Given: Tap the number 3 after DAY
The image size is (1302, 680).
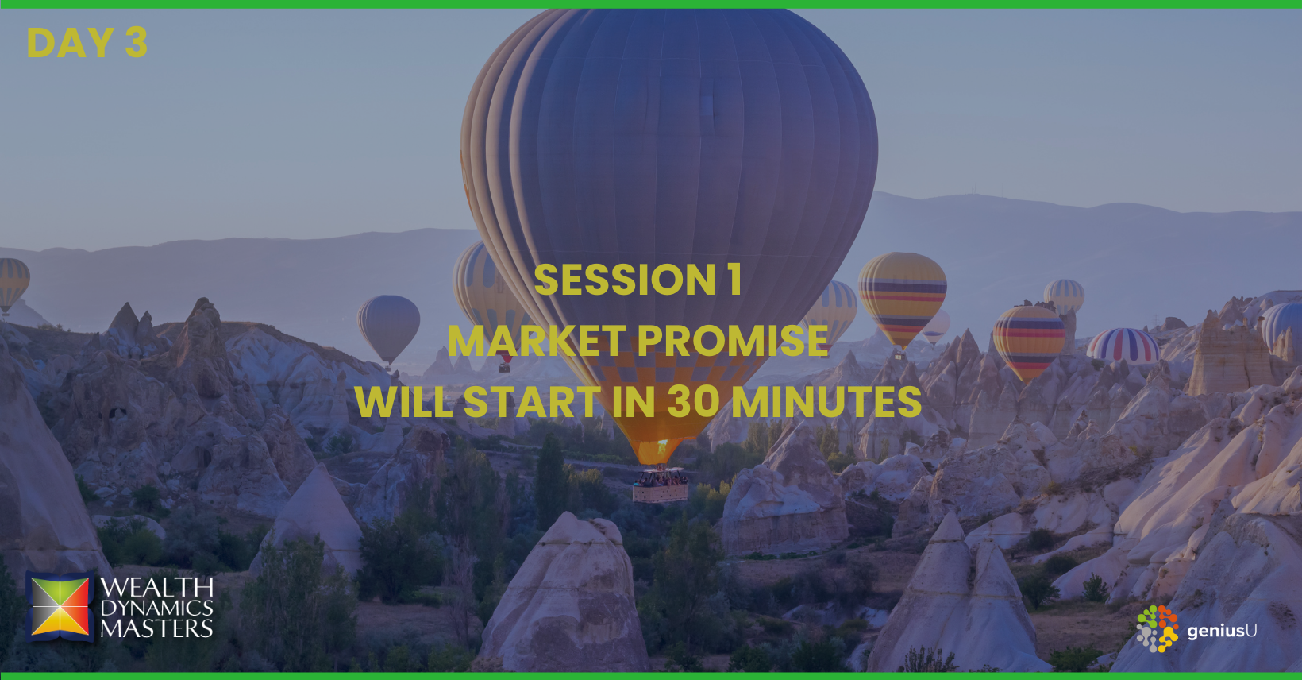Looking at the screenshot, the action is click(x=137, y=42).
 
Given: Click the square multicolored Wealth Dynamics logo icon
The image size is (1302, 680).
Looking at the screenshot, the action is click(x=60, y=607).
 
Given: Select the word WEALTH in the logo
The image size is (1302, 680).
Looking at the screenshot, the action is click(x=157, y=588).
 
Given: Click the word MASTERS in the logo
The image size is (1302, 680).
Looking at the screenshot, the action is click(x=157, y=628).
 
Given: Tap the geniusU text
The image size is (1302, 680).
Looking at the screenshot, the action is click(x=1222, y=631).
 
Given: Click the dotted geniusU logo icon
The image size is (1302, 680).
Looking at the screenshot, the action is click(x=1158, y=628).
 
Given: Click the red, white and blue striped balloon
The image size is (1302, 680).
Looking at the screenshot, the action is click(x=1123, y=346).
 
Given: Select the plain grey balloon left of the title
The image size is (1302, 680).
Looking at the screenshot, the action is click(x=388, y=328).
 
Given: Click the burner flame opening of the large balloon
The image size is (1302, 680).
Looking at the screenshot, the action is click(x=659, y=450).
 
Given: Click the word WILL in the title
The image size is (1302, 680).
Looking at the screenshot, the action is click(x=403, y=401).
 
